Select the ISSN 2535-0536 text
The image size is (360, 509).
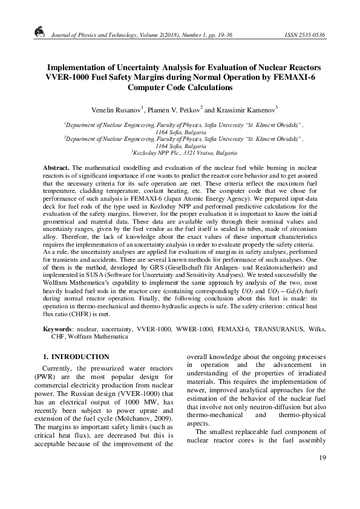(x=304, y=36)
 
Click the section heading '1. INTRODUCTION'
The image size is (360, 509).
(x=76, y=357)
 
